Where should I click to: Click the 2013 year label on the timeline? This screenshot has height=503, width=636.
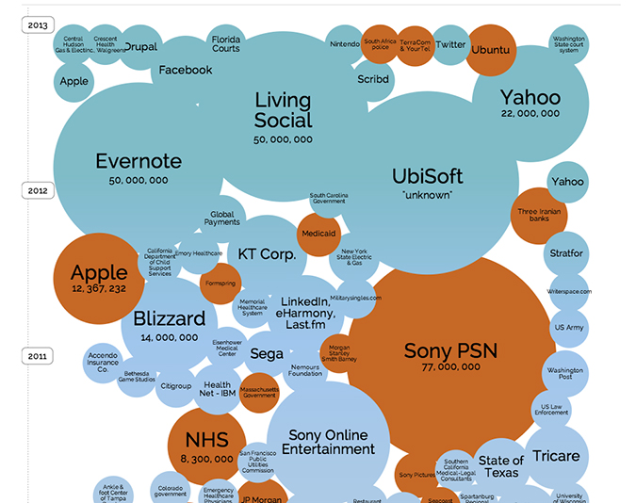(39, 24)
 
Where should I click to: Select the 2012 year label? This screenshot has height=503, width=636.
(39, 190)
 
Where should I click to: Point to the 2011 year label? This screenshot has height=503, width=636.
(39, 356)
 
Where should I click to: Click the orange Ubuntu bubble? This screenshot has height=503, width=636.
(490, 49)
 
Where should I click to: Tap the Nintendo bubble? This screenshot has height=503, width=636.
(346, 44)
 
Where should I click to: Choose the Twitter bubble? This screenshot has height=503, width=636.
(451, 44)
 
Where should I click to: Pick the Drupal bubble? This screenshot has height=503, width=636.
(141, 46)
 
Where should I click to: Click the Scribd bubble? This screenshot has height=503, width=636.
(373, 80)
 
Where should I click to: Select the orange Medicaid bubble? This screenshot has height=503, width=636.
(318, 233)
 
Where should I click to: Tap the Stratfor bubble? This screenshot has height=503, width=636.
(566, 253)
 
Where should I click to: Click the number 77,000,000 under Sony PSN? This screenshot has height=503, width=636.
(450, 369)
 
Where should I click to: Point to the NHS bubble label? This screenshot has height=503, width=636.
(206, 440)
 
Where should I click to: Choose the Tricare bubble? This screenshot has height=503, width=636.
(556, 457)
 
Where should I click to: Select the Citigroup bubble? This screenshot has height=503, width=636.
(176, 386)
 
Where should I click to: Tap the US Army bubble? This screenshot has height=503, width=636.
(569, 328)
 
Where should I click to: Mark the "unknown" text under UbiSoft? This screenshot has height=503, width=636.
(427, 195)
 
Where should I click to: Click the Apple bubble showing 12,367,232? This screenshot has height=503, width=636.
(99, 278)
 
